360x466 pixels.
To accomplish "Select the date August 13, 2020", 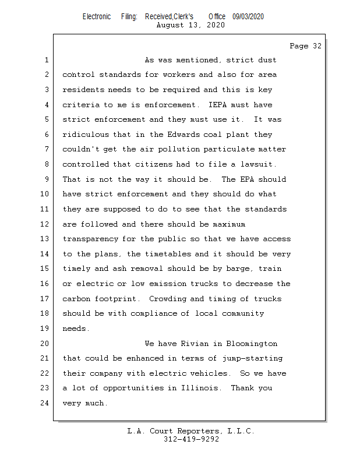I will [x=191, y=25].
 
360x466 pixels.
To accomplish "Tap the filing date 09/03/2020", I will [x=248, y=17].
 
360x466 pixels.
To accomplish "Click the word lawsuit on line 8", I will [x=259, y=164].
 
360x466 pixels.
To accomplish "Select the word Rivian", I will [x=193, y=344].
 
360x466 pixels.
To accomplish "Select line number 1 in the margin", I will [x=47, y=60].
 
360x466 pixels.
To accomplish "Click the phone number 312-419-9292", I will [x=191, y=439].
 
